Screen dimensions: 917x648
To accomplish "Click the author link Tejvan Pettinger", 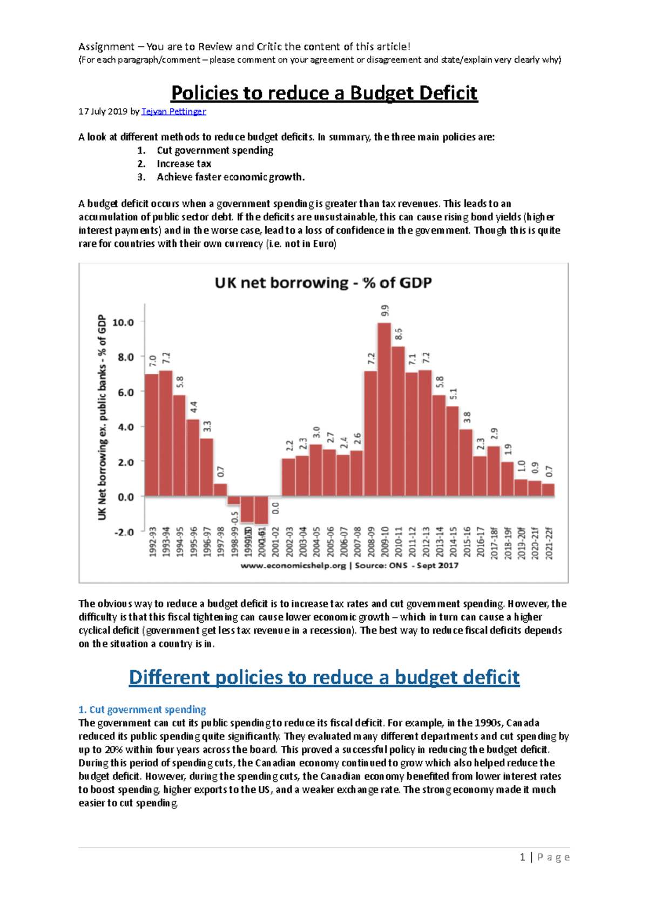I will [x=173, y=112].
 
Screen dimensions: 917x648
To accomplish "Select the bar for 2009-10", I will [x=384, y=410].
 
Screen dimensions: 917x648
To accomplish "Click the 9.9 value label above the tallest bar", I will [x=384, y=311].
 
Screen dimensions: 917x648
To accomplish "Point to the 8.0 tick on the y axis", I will [x=123, y=357].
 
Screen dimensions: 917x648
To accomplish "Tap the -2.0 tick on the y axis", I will [x=123, y=532].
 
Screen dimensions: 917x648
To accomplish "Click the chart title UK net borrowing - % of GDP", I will [x=323, y=283].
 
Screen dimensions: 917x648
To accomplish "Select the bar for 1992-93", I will [x=152, y=435].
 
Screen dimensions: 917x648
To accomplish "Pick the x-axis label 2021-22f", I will [x=549, y=543].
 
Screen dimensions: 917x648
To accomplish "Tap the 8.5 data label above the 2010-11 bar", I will [x=399, y=334].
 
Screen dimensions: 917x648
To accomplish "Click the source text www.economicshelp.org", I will [x=293, y=565].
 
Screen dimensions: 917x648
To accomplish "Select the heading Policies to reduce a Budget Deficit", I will [x=324, y=93].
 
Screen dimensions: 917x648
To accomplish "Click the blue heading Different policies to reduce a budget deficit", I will [x=324, y=677].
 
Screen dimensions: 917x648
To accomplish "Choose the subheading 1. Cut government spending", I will [x=142, y=710].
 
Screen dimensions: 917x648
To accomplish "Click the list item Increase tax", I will [x=184, y=164].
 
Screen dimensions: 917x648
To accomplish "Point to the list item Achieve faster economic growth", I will [x=231, y=177].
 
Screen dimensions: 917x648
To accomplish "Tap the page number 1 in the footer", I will [x=522, y=857].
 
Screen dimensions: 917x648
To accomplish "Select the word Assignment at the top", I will [x=106, y=46].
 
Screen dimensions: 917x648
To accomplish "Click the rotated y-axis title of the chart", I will [x=102, y=417].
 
